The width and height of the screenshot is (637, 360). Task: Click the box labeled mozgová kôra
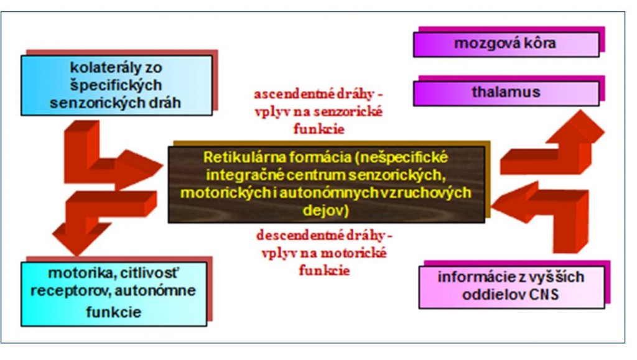pyautogui.click(x=506, y=44)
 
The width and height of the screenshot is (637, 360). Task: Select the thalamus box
pyautogui.click(x=506, y=93)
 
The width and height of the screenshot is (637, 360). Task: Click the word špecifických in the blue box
pyautogui.click(x=116, y=85)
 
